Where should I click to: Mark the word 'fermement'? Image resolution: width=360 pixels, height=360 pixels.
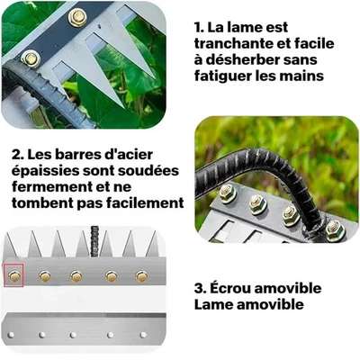coord(52,188)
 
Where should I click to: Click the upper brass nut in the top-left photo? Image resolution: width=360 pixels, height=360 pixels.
coord(76,17)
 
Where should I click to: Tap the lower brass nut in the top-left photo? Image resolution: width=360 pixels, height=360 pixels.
coord(31,58)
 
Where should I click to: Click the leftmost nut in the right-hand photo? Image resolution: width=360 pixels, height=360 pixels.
coord(226,192)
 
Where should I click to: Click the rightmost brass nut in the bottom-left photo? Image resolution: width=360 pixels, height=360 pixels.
coord(141,275)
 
